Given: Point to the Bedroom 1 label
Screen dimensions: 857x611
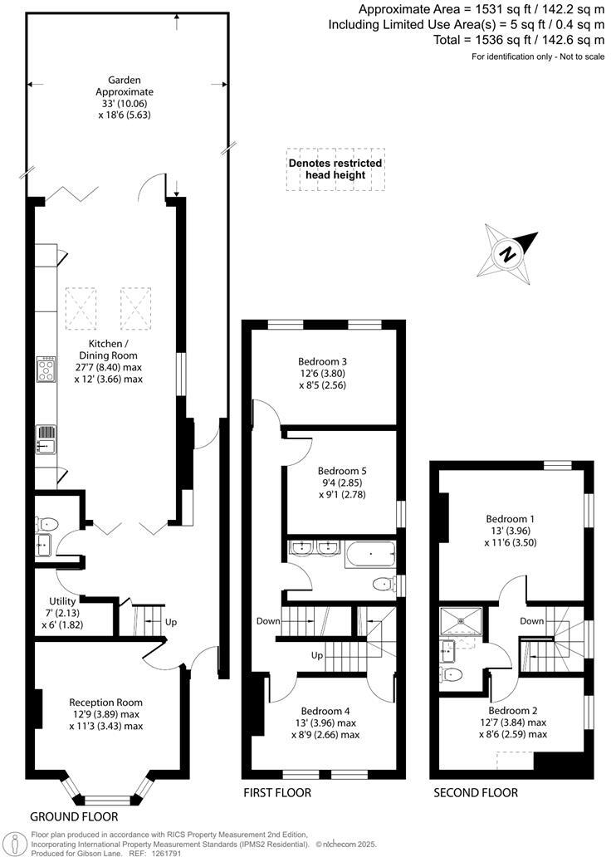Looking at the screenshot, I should (x=510, y=519).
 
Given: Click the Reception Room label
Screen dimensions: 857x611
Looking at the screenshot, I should (x=105, y=702).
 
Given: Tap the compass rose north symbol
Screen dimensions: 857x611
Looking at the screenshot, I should (x=506, y=252).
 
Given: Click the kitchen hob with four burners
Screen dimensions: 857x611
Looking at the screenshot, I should (x=46, y=370).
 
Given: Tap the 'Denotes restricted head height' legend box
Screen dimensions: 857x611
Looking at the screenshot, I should (x=335, y=169).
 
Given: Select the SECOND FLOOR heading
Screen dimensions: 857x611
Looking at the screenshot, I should (x=476, y=793).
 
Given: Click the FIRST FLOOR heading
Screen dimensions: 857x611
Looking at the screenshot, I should (x=277, y=793).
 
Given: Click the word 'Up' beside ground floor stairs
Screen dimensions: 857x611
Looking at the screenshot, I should (x=172, y=623).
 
